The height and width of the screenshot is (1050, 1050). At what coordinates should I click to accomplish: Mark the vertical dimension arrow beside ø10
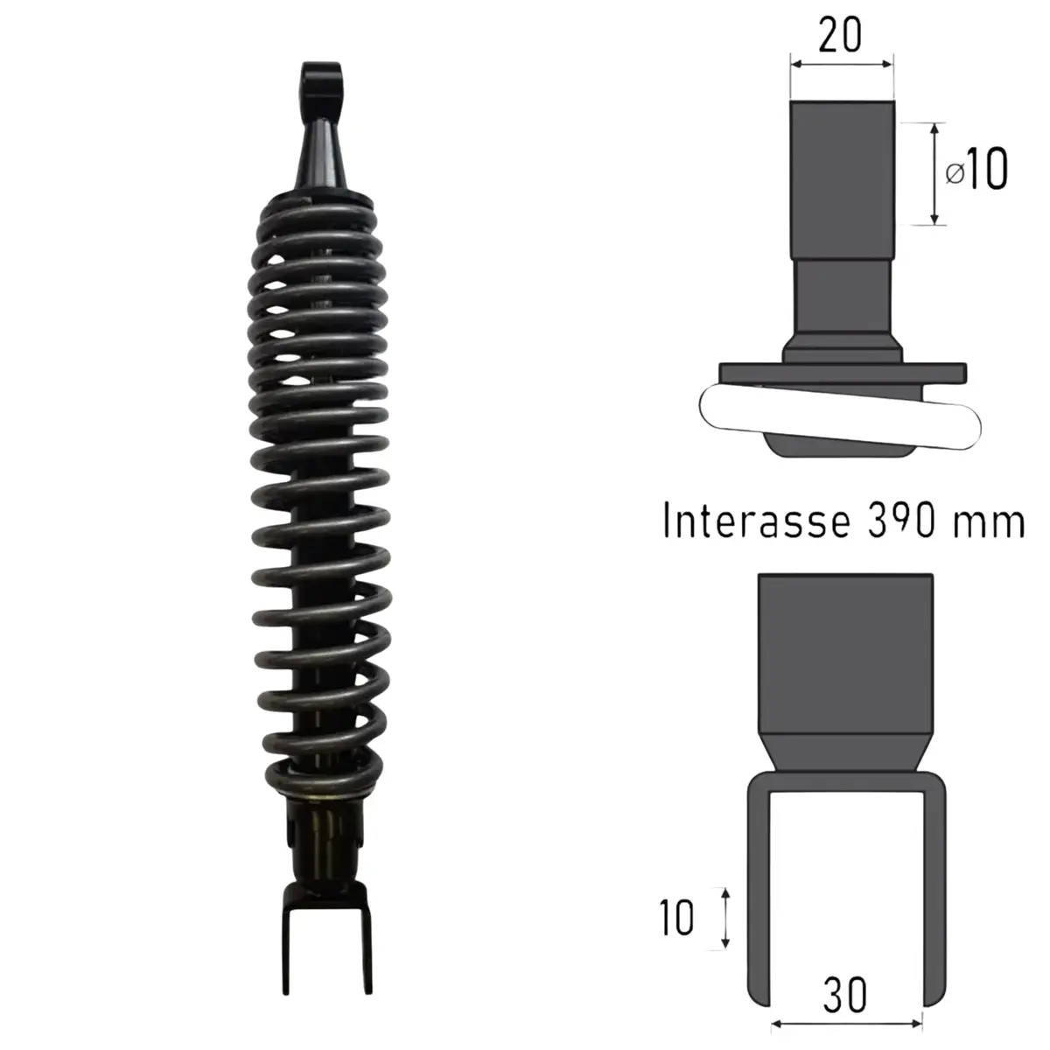pos(935,173)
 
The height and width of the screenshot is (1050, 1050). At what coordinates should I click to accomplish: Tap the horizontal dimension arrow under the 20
pos(842,63)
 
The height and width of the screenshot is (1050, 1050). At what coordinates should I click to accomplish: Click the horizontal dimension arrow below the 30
pos(845,1020)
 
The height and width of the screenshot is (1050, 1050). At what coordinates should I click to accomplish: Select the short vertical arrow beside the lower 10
pos(724,918)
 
